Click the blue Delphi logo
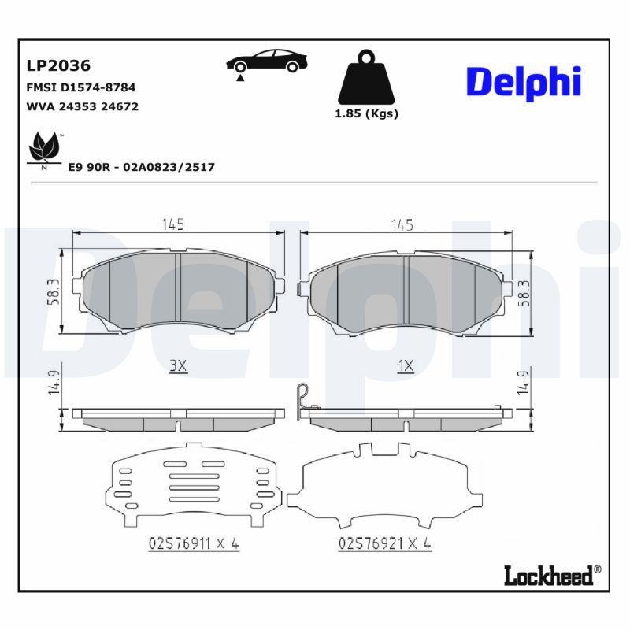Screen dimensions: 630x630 pos(523,81)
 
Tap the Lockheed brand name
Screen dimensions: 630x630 pos(547,576)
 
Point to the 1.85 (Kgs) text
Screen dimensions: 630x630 pos(366,113)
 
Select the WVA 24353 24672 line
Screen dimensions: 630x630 pos(83,106)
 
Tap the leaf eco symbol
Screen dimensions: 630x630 pos(43,149)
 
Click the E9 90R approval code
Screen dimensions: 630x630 pos(142,167)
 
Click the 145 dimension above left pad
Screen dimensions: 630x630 pos(173,225)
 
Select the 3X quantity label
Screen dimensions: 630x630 pos(177,366)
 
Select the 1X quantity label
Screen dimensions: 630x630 pos(406,366)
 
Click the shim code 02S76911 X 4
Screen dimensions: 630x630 pos(193,543)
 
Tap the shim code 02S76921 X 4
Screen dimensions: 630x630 pos(385,543)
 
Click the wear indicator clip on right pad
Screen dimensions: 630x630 pos(301,398)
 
